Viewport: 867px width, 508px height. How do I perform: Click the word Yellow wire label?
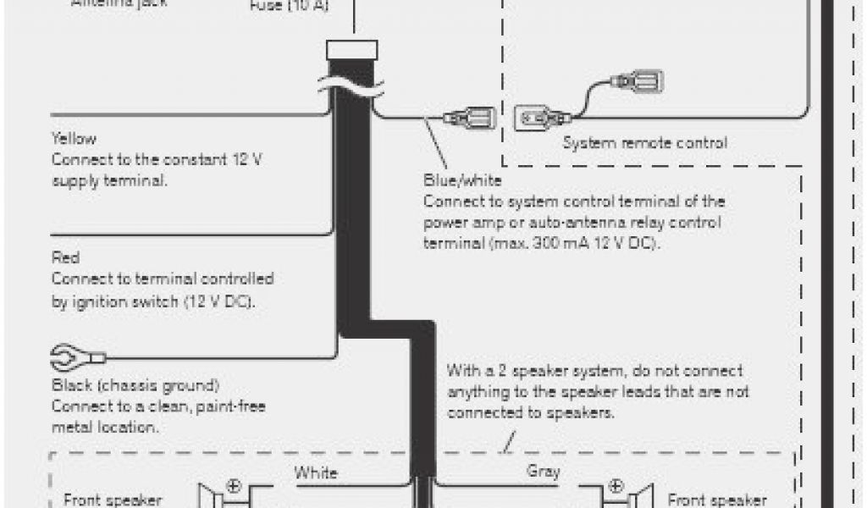(x=74, y=138)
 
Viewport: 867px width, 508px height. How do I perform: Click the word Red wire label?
(x=65, y=257)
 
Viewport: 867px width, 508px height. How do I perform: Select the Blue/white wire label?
(x=462, y=180)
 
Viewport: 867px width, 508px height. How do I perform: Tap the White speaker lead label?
(x=316, y=472)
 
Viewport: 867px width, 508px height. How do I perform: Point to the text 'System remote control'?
(x=644, y=143)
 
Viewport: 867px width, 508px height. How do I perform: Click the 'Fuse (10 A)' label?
(x=290, y=8)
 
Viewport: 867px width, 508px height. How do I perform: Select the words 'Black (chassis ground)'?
(x=135, y=385)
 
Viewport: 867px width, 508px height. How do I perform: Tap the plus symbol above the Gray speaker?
(x=616, y=487)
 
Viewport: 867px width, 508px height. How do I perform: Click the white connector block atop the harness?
(x=353, y=50)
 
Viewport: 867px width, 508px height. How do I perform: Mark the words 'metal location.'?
(x=105, y=428)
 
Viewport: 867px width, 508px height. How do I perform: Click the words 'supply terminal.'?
(x=108, y=180)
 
